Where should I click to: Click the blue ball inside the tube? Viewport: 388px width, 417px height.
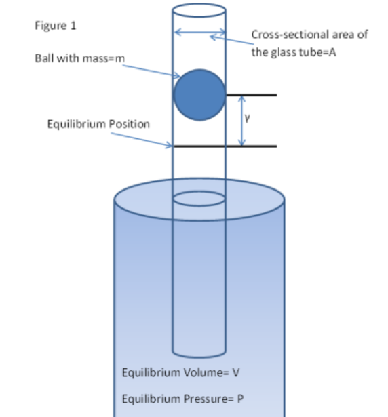[199, 95]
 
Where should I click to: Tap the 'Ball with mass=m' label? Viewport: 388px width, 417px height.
[81, 59]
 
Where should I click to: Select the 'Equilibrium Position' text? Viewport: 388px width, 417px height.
[98, 124]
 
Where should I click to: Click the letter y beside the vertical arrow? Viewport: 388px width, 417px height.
[248, 118]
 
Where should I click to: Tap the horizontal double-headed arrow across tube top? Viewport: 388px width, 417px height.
[199, 33]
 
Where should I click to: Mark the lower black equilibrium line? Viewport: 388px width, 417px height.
[224, 146]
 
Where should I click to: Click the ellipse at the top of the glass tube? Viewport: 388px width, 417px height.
[199, 12]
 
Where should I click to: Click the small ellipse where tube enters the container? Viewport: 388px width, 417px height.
[199, 199]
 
